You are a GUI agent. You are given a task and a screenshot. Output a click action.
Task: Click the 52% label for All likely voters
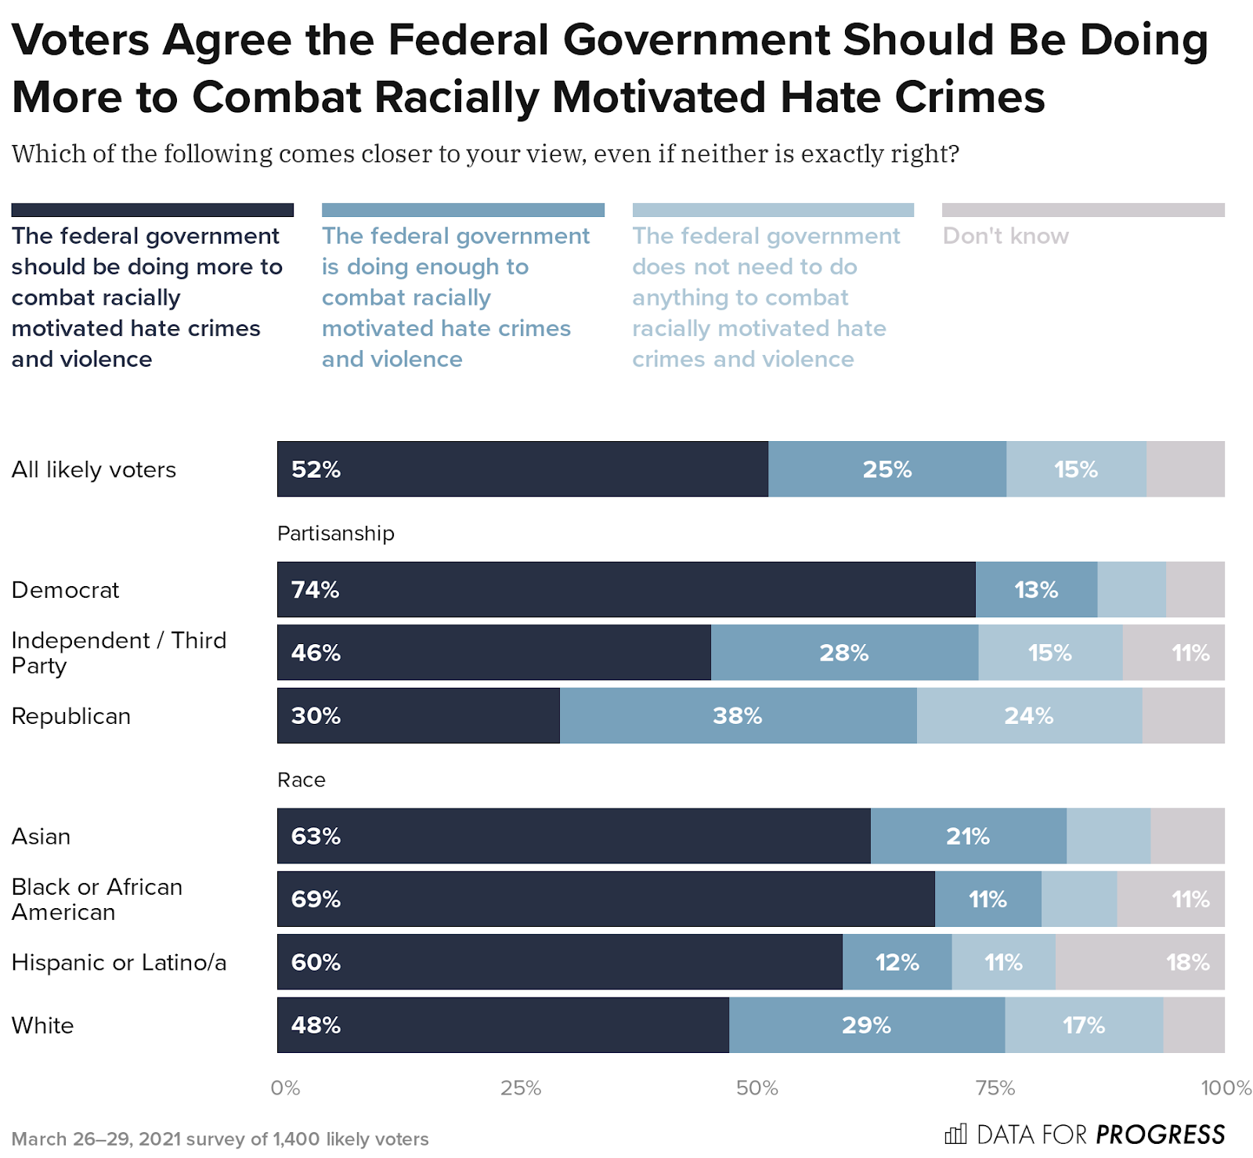tap(316, 469)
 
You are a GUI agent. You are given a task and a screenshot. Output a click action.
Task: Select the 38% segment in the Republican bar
tap(737, 716)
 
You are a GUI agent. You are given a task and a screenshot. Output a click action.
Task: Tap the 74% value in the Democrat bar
tap(315, 590)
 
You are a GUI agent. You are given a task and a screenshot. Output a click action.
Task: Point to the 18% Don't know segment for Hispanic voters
tap(1187, 962)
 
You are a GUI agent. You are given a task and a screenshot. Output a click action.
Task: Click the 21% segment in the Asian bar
tap(967, 837)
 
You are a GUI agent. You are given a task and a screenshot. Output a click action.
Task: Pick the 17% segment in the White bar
tap(1083, 1026)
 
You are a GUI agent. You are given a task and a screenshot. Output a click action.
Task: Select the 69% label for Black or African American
tap(316, 899)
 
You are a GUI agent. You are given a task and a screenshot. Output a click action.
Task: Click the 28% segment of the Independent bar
tap(843, 653)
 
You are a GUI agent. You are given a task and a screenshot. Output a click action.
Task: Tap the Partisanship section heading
tap(335, 534)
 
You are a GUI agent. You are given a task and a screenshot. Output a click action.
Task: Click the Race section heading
tap(301, 780)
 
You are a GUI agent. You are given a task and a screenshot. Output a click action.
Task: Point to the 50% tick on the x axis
tap(756, 1088)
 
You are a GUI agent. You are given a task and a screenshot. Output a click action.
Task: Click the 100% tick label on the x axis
tap(1226, 1088)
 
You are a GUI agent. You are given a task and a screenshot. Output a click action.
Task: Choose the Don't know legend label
tap(1005, 236)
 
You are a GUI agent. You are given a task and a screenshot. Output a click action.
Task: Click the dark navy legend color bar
tap(152, 210)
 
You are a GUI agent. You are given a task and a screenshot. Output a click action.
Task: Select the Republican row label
tap(70, 716)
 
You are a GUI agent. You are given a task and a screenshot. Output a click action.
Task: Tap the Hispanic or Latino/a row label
tap(118, 962)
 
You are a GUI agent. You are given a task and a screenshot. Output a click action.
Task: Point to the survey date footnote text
tap(219, 1139)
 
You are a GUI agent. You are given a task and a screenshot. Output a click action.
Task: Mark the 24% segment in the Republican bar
tap(1028, 716)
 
